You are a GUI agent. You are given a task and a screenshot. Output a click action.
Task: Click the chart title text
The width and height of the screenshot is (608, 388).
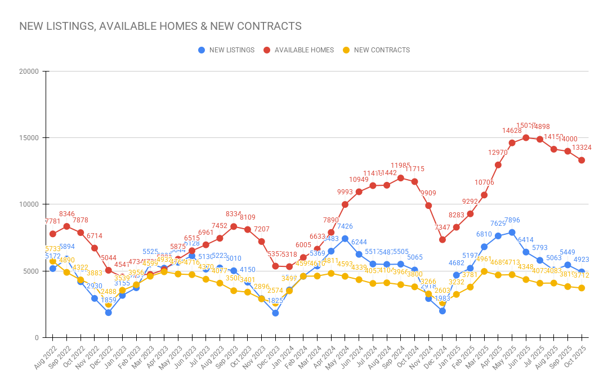point(160,26)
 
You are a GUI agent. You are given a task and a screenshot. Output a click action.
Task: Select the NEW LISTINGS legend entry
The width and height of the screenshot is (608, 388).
point(226,50)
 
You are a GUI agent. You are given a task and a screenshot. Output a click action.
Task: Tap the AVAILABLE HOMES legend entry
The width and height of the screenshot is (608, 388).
point(298,50)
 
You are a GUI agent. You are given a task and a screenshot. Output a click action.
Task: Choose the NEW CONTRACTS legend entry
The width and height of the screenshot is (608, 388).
point(376,50)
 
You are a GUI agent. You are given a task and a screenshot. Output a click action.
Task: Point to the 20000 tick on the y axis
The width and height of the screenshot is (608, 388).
point(28,72)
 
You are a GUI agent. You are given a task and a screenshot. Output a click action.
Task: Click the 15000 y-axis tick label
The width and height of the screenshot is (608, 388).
point(28,138)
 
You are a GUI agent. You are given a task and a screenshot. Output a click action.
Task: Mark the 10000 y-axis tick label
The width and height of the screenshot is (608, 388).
point(28,204)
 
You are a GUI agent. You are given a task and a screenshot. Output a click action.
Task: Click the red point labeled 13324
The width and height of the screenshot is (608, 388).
point(582,160)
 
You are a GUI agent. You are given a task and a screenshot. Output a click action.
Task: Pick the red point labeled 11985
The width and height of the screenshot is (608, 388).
point(401,178)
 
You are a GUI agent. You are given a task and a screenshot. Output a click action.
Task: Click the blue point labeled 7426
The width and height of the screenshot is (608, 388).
point(345,239)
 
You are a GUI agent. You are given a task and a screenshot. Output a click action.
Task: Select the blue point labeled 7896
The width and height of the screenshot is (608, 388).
point(512,232)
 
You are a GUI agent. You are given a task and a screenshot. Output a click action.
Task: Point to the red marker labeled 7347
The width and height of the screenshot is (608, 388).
point(442,239)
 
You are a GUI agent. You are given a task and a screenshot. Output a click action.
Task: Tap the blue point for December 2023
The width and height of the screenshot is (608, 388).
point(275,313)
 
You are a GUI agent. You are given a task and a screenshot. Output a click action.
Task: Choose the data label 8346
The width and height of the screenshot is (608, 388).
point(66,214)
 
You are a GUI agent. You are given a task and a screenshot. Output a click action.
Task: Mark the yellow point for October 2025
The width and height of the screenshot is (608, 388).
point(582,288)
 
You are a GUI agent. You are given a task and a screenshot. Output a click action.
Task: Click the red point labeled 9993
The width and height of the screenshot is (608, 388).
point(345,204)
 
